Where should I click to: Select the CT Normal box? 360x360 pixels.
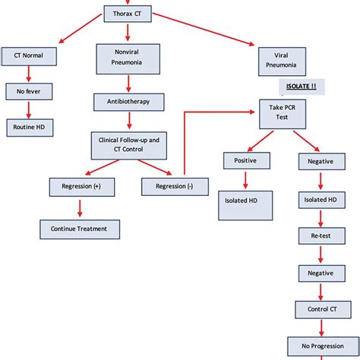tap(28, 56)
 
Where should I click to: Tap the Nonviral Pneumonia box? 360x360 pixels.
tap(127, 59)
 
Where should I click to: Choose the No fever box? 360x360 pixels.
tap(28, 93)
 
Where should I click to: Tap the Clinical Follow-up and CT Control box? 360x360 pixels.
tap(127, 144)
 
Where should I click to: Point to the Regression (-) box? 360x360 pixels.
tap(174, 185)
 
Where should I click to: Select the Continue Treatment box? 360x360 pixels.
tap(79, 228)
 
